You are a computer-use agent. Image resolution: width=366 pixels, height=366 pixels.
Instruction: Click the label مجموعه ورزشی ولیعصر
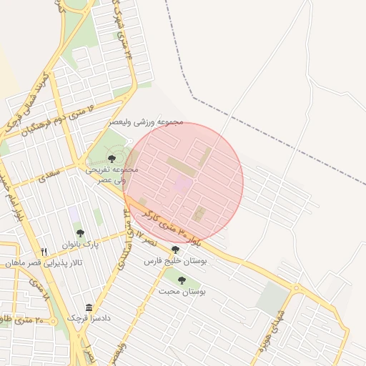click(146, 122)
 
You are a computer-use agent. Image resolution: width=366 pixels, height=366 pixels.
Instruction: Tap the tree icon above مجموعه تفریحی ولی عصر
click(111, 159)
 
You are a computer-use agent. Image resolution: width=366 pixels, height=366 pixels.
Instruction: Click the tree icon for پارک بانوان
click(79, 233)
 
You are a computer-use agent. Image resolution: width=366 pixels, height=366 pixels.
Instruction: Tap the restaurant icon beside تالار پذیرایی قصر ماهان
click(44, 252)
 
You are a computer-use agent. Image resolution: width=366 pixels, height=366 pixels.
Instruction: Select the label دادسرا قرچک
click(88, 318)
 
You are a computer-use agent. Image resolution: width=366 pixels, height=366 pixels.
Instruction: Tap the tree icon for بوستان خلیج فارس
click(176, 249)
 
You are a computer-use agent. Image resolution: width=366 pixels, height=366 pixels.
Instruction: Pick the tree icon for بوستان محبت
click(182, 280)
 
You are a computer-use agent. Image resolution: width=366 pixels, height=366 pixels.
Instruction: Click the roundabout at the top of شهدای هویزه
click(296, 288)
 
